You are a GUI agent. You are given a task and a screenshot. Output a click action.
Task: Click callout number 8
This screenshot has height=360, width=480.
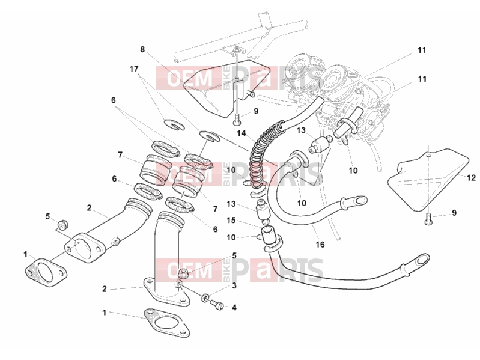click(x=142, y=49)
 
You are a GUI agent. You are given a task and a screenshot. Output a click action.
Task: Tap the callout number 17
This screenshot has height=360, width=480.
click(x=134, y=69)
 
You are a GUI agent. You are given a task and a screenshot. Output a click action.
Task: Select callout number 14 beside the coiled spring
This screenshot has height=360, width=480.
click(x=242, y=133)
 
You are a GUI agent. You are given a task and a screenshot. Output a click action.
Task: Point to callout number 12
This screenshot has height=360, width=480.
click(x=472, y=177)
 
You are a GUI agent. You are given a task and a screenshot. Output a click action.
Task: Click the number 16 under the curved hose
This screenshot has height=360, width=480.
click(x=320, y=244)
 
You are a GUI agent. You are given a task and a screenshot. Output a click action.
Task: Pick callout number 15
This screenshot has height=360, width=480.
click(x=231, y=220)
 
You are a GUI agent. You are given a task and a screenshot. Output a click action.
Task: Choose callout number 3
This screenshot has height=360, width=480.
click(x=234, y=286)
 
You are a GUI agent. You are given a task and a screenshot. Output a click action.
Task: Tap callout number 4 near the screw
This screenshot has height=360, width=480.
click(x=234, y=307)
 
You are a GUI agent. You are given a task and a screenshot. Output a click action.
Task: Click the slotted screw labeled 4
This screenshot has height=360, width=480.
click(x=217, y=304)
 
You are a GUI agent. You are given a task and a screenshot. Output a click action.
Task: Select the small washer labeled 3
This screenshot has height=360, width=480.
click(x=205, y=297)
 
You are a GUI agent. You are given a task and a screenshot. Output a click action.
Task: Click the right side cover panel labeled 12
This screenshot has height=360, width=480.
click(x=428, y=180)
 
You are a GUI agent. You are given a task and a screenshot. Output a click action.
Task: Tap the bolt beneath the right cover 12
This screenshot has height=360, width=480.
click(x=428, y=219)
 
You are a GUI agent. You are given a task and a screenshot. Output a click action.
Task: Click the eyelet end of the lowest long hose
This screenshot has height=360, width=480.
click(x=421, y=260)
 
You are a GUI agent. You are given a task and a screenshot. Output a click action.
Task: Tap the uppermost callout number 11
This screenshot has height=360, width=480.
click(x=422, y=50)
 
